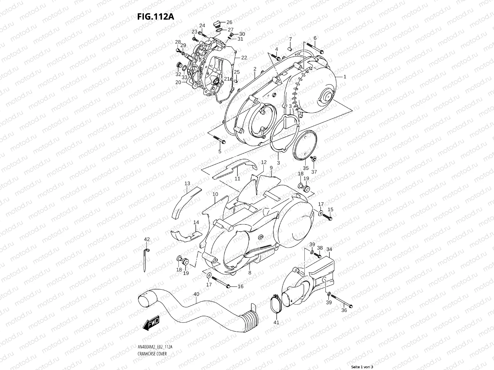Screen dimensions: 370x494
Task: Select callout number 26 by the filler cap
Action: tap(229, 22)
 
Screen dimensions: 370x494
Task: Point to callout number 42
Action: tap(147, 239)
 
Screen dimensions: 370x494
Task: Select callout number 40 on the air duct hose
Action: tap(196, 294)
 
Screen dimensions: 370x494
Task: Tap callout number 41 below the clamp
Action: tap(276, 323)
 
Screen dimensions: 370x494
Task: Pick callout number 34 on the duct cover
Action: tap(329, 249)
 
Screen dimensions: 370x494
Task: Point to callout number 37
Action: tap(314, 172)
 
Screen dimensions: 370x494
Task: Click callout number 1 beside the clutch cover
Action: tap(345, 77)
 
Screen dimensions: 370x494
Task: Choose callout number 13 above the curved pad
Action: tap(187, 183)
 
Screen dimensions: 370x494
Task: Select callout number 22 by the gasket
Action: tap(244, 58)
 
